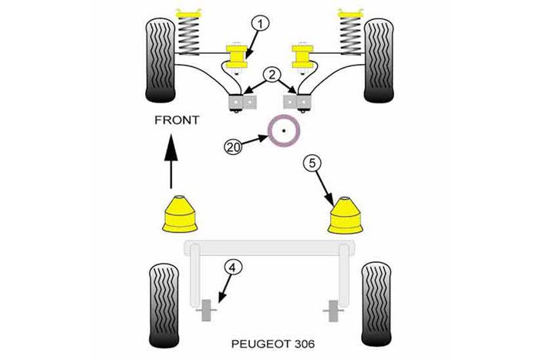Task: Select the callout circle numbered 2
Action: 271,76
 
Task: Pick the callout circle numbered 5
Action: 310,163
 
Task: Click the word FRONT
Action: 177,121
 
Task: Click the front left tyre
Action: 160,56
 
